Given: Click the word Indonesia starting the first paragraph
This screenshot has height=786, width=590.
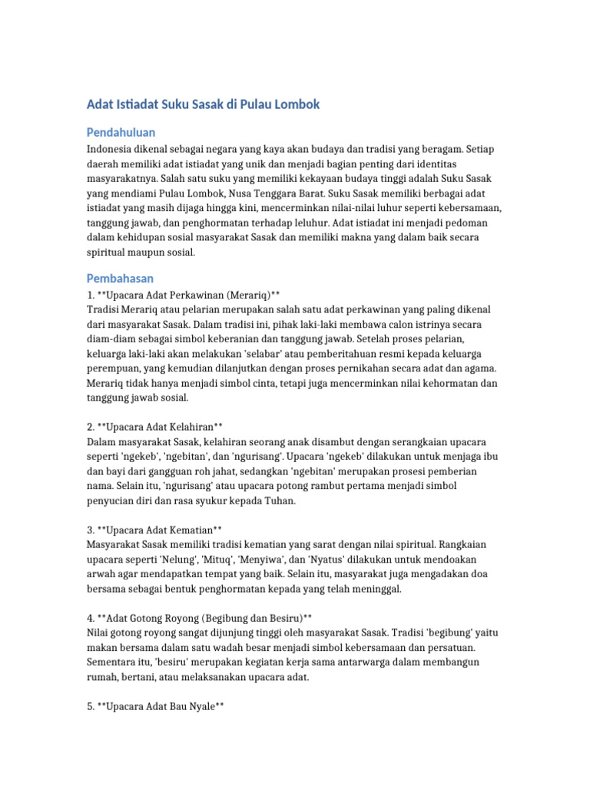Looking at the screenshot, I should (111, 149).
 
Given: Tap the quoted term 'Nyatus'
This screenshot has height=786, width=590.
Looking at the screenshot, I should (375, 560).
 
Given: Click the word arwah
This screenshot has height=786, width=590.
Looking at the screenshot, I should (101, 574).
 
